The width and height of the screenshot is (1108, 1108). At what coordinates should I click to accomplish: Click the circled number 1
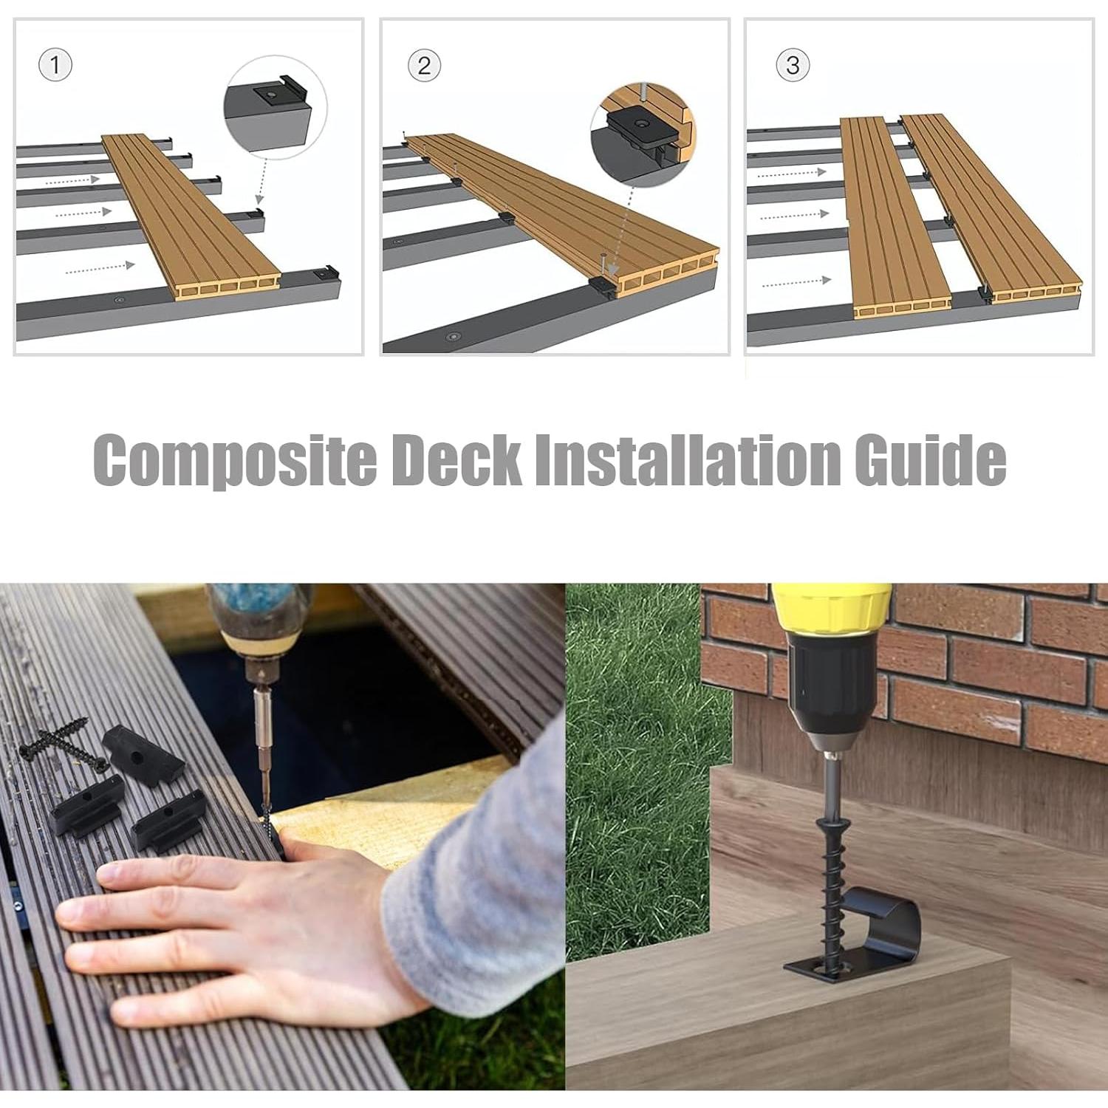click(55, 65)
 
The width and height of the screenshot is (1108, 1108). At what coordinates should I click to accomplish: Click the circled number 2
click(424, 66)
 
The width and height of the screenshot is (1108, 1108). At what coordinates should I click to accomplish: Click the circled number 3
click(793, 65)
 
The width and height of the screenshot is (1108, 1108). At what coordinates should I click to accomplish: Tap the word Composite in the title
click(234, 460)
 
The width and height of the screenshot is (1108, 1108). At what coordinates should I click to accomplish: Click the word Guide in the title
click(930, 460)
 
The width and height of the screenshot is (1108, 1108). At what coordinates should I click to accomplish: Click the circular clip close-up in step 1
click(276, 106)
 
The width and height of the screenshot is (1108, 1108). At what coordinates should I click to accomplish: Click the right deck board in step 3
click(990, 207)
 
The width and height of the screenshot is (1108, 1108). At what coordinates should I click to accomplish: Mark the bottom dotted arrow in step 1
click(100, 267)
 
